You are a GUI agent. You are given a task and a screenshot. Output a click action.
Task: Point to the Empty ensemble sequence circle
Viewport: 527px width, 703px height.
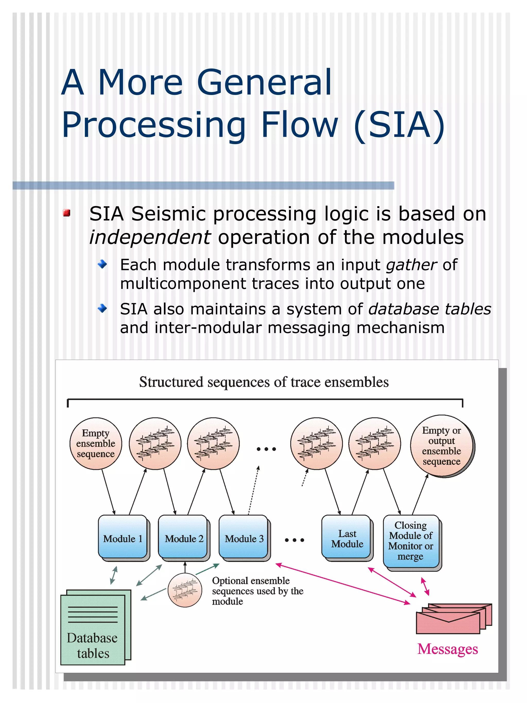click(96, 443)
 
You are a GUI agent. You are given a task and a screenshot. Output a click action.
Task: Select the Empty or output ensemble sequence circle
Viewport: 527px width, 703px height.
click(441, 446)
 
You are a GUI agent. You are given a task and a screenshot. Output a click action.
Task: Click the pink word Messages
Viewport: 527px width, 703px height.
click(447, 649)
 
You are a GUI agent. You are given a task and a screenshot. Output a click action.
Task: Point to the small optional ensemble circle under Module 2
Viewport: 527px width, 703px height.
click(185, 590)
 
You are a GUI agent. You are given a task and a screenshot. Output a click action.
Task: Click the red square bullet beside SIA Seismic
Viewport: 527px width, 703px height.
click(66, 213)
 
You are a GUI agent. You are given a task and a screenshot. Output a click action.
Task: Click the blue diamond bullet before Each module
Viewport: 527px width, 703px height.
click(102, 264)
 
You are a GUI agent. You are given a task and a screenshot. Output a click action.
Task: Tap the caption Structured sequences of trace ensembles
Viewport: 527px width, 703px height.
click(264, 382)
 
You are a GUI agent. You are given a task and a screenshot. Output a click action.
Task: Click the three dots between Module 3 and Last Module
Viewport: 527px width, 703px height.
click(294, 540)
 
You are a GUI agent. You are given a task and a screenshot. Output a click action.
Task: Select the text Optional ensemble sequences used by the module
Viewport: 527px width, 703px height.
click(257, 591)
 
